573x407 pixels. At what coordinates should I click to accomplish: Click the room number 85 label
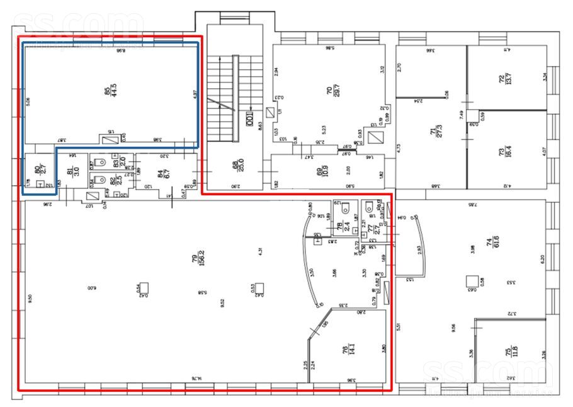pyautogui.click(x=107, y=88)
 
